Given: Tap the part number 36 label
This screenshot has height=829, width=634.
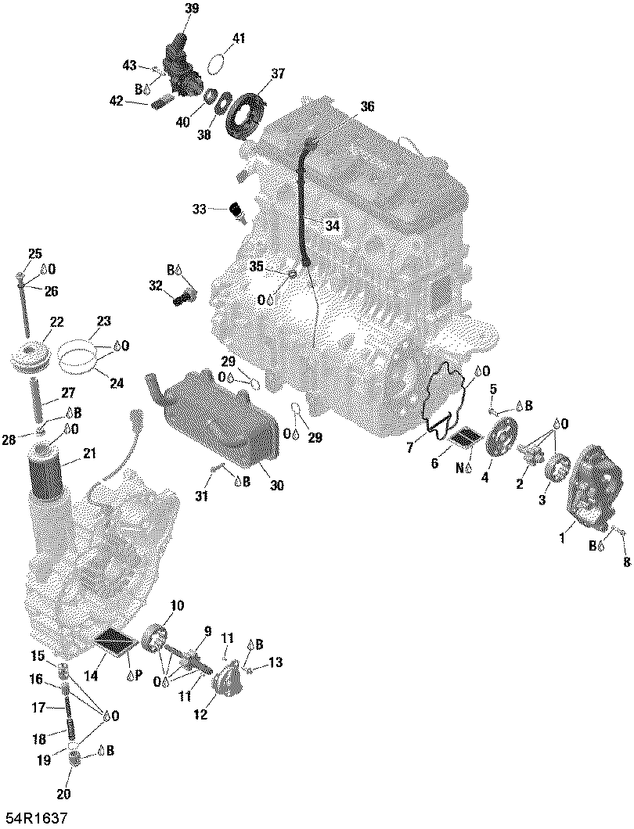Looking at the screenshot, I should click(x=367, y=106).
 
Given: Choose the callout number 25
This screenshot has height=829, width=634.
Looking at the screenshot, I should click(x=34, y=253).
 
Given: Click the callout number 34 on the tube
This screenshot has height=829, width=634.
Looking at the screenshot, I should click(x=333, y=225).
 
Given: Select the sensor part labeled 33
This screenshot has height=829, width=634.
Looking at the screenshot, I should click(x=236, y=210).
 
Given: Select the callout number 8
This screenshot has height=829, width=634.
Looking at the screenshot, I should click(x=625, y=561).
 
